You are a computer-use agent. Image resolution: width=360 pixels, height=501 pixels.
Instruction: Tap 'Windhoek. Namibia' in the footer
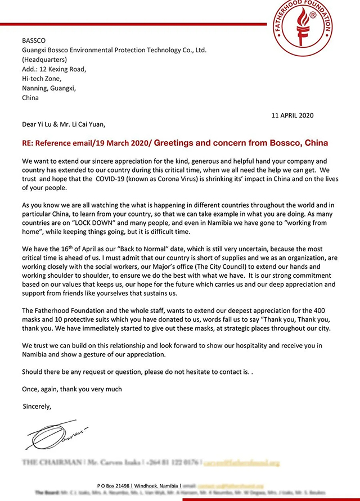point(163,485)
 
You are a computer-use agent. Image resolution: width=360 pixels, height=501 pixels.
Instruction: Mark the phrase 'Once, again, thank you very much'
point(72,389)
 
